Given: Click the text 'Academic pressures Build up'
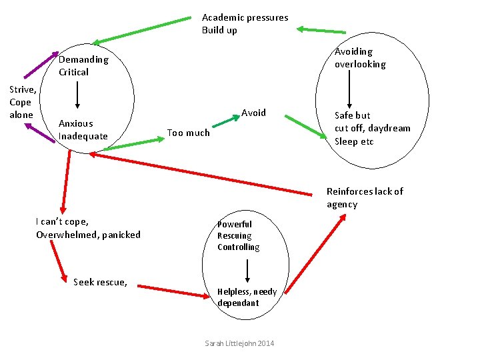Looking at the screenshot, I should [245, 24].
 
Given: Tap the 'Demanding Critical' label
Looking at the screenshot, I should [83, 65].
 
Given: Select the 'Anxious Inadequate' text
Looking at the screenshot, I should [83, 130].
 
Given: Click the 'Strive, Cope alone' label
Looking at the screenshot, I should [21, 102].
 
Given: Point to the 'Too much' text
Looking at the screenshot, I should [188, 133].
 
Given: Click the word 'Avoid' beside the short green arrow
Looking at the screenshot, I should [253, 113].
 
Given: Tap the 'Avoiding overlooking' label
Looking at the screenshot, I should [360, 58].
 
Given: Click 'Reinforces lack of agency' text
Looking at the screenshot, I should [365, 198].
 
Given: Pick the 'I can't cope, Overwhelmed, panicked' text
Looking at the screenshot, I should [88, 228].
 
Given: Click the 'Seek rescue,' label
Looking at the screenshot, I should [100, 282].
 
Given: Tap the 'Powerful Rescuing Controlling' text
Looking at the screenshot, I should [239, 235].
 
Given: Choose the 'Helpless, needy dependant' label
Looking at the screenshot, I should [247, 297].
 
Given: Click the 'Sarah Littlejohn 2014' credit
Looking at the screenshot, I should [239, 343].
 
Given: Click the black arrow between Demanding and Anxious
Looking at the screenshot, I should [78, 97].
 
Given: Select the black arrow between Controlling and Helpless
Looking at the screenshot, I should [247, 270].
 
